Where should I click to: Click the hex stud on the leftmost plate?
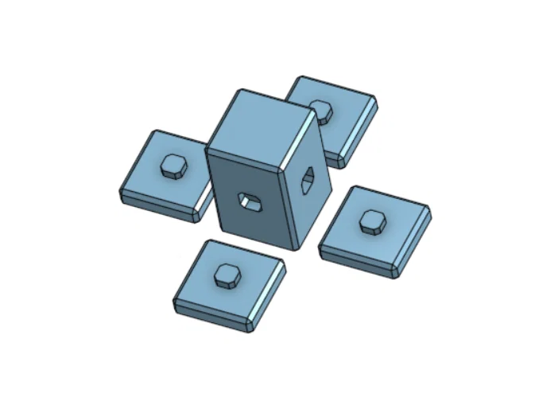coord(173,166)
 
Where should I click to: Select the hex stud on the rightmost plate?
coord(371,220)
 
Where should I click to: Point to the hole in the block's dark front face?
coord(250,201)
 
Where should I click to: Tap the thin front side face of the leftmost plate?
coord(155,205)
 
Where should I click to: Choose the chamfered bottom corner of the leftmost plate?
coord(197,215)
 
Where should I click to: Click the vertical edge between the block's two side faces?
coord(288,207)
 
